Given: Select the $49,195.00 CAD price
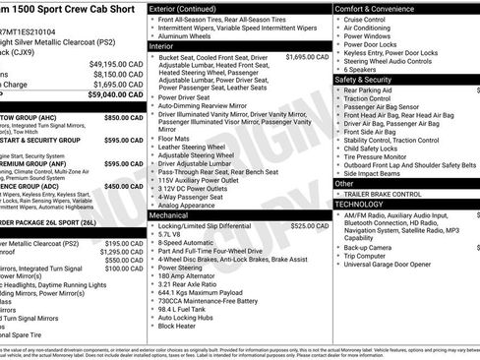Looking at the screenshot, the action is pyautogui.click(x=116, y=62).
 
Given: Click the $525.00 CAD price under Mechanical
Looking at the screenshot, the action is pyautogui.click(x=307, y=225).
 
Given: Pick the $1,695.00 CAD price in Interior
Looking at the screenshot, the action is pyautogui.click(x=307, y=57).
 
